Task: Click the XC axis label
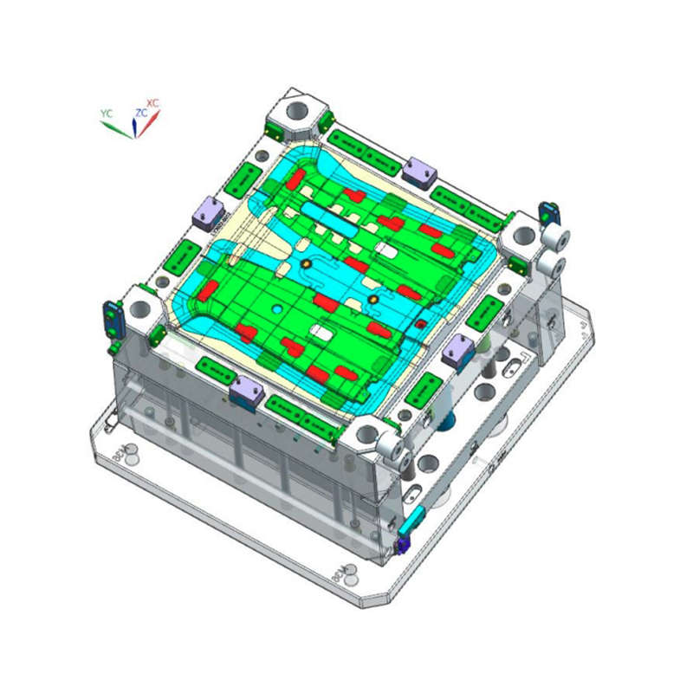click(153, 103)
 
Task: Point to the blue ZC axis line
click(134, 128)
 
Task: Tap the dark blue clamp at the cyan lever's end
click(401, 543)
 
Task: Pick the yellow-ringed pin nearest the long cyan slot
click(305, 262)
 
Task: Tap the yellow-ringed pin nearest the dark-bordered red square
click(372, 300)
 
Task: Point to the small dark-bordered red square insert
click(420, 324)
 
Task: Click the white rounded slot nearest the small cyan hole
click(319, 333)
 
